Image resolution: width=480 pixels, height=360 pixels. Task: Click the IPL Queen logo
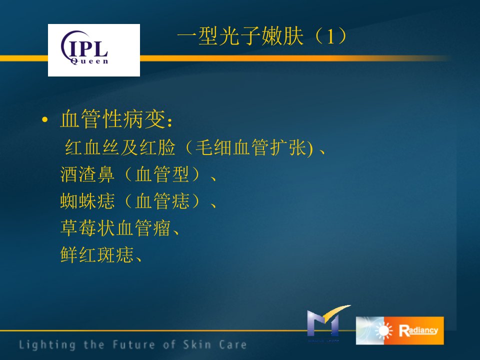(x=94, y=50)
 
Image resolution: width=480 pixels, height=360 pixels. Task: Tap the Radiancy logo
(x=400, y=330)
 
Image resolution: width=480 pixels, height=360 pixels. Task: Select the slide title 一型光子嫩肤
(x=240, y=36)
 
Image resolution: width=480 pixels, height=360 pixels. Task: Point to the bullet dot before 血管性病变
(x=45, y=119)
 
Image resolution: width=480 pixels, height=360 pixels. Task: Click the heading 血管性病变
(x=113, y=119)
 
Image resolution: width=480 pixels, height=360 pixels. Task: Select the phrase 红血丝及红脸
(x=120, y=147)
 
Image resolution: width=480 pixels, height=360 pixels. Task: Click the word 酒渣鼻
(x=87, y=174)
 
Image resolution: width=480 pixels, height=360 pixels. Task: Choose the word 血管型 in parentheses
(x=162, y=174)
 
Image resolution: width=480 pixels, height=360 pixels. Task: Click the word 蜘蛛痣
(x=87, y=201)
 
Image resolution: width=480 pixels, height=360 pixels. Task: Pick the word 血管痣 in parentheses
(x=162, y=201)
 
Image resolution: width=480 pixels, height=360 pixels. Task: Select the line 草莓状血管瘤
(x=115, y=228)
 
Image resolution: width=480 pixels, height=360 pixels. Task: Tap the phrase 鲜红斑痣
(x=97, y=254)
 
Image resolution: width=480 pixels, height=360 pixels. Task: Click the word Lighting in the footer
(x=47, y=345)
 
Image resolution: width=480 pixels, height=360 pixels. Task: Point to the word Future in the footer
(x=134, y=344)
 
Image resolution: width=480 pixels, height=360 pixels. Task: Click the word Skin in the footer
(x=197, y=344)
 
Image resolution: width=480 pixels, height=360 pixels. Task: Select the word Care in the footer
(x=233, y=344)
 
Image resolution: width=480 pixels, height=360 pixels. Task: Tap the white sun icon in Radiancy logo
(x=384, y=331)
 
